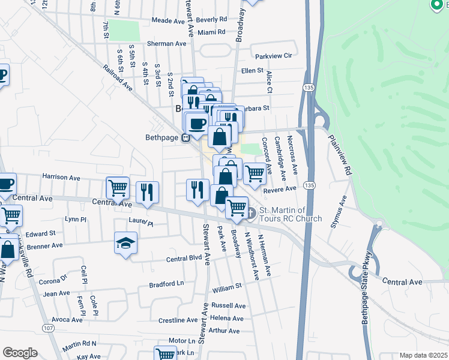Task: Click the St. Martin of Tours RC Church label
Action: [x=290, y=215]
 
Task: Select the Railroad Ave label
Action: [x=119, y=77]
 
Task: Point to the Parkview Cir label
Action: [x=273, y=56]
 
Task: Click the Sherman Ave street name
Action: [x=167, y=44]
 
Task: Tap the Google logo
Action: [x=20, y=353]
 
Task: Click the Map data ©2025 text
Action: [x=423, y=355]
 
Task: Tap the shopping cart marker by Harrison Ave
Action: [x=118, y=187]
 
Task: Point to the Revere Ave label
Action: [x=285, y=189]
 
